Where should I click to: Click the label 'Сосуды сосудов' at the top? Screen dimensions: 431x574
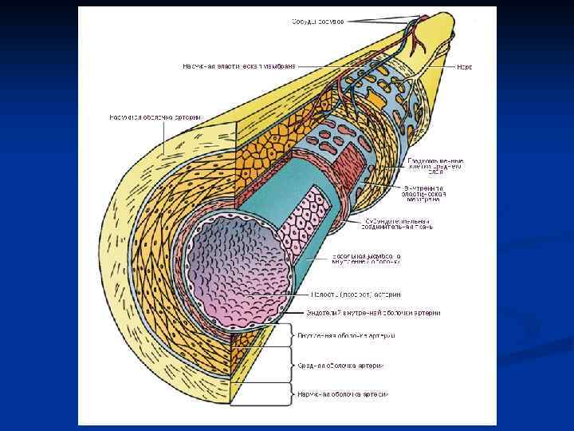[317, 22]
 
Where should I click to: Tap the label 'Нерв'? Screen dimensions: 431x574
[465, 67]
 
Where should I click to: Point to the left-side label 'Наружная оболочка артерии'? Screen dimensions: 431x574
[155, 117]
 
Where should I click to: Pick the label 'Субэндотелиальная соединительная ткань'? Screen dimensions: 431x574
[398, 223]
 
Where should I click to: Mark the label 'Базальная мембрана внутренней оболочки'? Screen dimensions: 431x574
[366, 259]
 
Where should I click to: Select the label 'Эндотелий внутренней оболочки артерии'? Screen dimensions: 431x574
[374, 312]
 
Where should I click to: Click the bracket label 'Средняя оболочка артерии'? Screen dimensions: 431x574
[340, 366]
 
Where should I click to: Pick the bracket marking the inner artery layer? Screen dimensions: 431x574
[293, 335]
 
